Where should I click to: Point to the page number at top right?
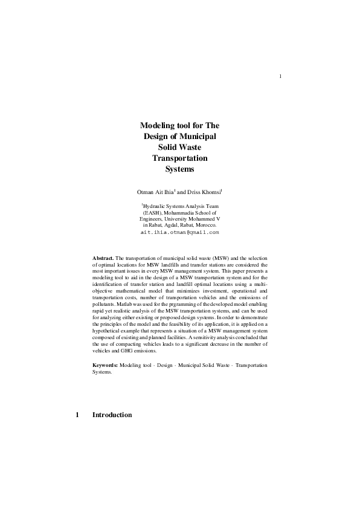(281, 76)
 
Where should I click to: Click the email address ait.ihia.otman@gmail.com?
(179, 232)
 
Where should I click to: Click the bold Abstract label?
(103, 258)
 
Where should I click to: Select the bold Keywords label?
(105, 366)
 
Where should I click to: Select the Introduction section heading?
(112, 415)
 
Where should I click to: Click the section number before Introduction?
(77, 415)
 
